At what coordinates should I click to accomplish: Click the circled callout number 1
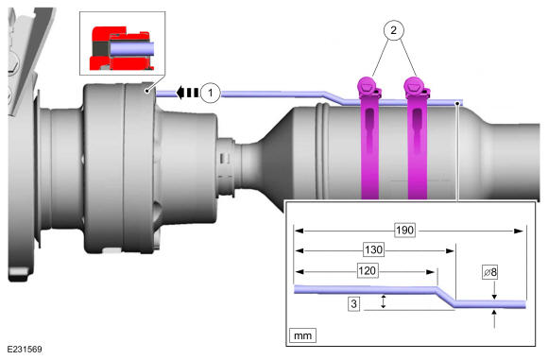point(211,93)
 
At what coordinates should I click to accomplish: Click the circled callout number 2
point(394,30)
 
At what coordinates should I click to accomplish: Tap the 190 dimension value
point(405,231)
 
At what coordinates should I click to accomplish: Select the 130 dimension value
point(373,249)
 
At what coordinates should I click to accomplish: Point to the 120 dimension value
point(368,271)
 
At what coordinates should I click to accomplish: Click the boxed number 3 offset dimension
point(354,303)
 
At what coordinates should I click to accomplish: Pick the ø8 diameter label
point(490,272)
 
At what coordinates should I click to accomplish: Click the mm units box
point(302,335)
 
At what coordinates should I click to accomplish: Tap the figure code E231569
point(25,350)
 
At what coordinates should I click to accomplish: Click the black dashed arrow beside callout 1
point(187,93)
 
